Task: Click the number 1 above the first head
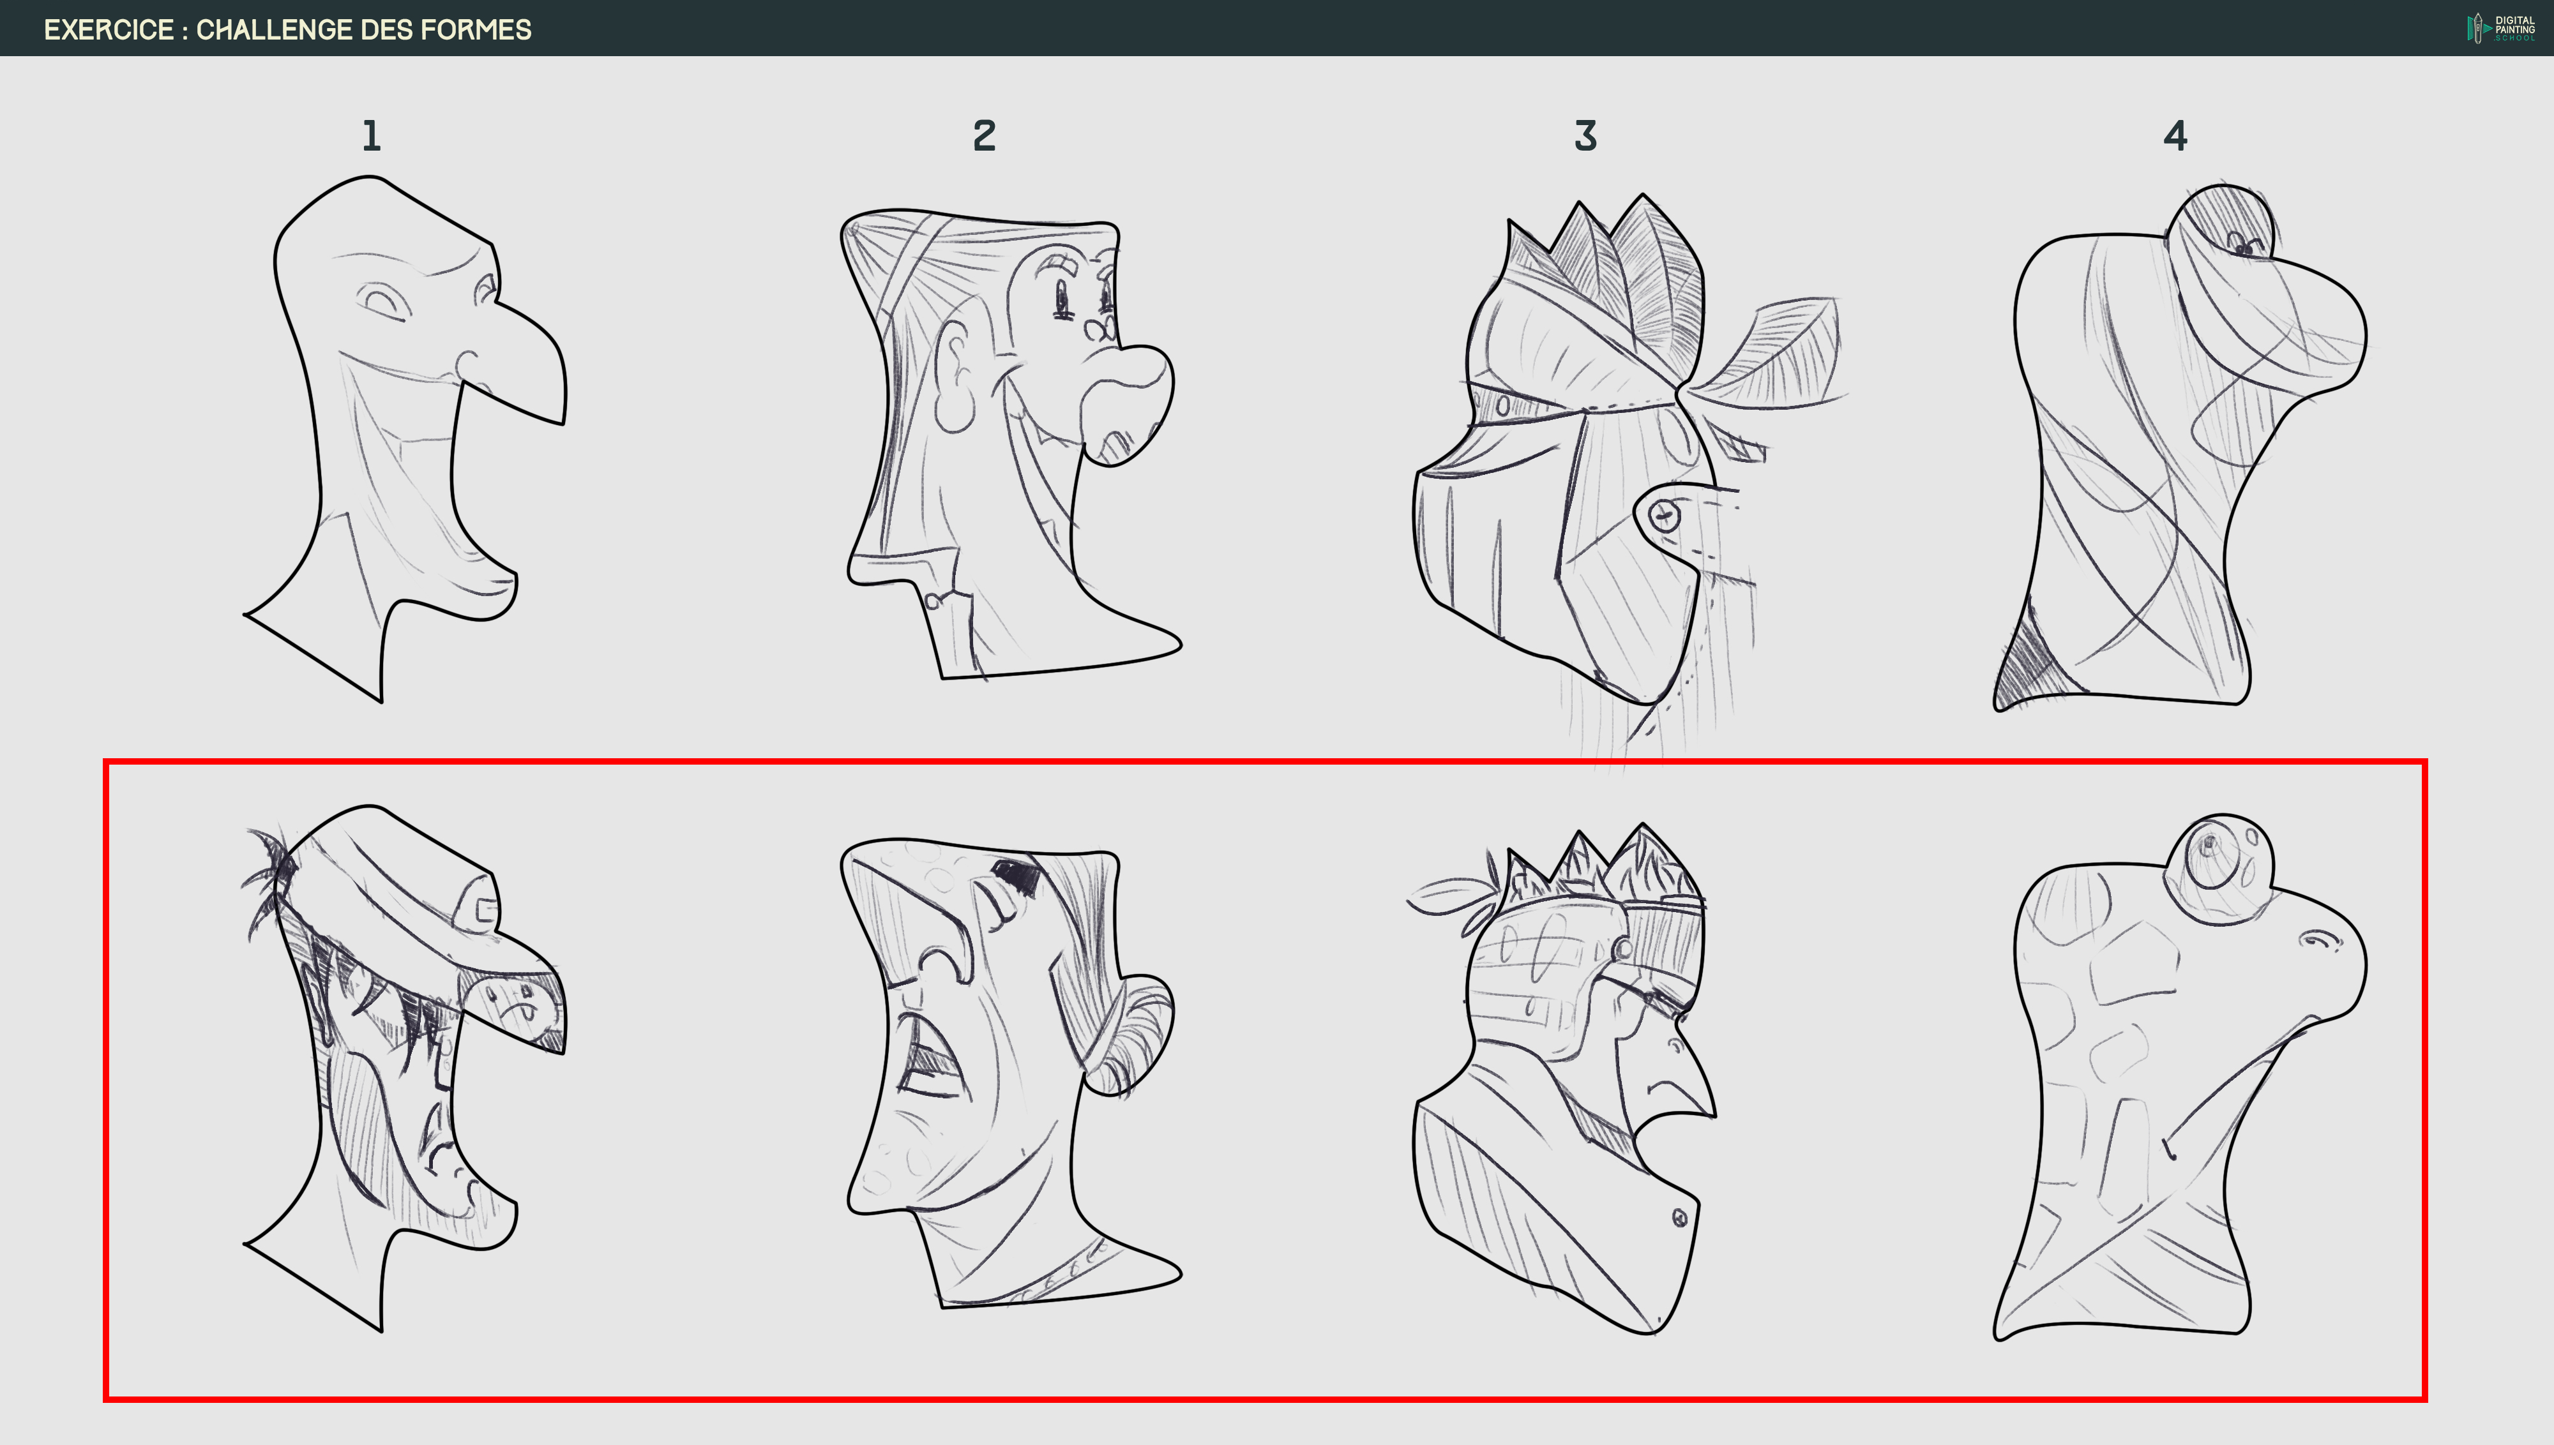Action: [x=371, y=136]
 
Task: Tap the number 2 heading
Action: [x=984, y=136]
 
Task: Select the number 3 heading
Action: [x=1585, y=136]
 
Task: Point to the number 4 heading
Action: [x=2175, y=136]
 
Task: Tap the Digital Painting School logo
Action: [x=2499, y=28]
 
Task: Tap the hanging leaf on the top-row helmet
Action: [x=1777, y=352]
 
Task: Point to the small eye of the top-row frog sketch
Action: [x=2241, y=244]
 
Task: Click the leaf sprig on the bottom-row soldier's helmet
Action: [x=1449, y=893]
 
